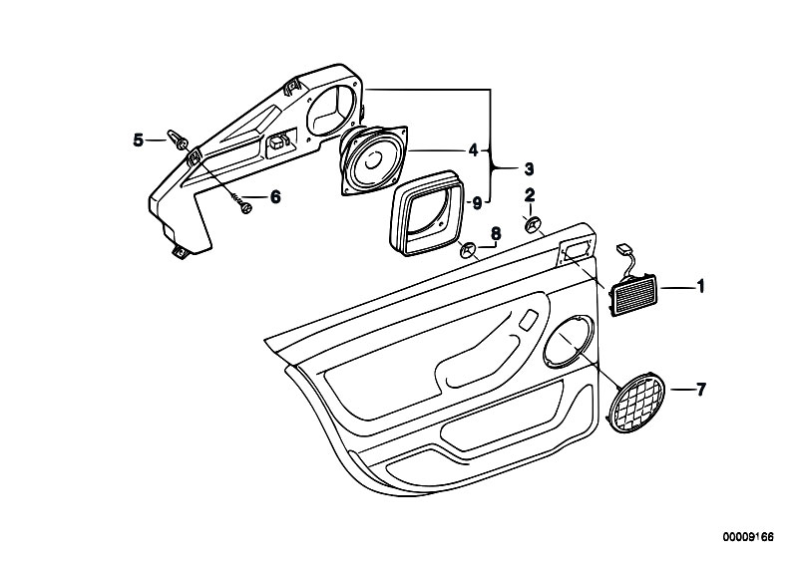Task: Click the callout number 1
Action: [700, 288]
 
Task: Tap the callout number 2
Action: [531, 194]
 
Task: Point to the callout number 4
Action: [474, 150]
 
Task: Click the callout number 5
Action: [139, 141]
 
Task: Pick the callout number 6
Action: [275, 197]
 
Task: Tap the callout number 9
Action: [477, 203]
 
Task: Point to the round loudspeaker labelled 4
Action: [375, 159]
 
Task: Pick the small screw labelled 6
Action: [242, 207]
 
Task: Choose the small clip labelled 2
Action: [533, 223]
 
